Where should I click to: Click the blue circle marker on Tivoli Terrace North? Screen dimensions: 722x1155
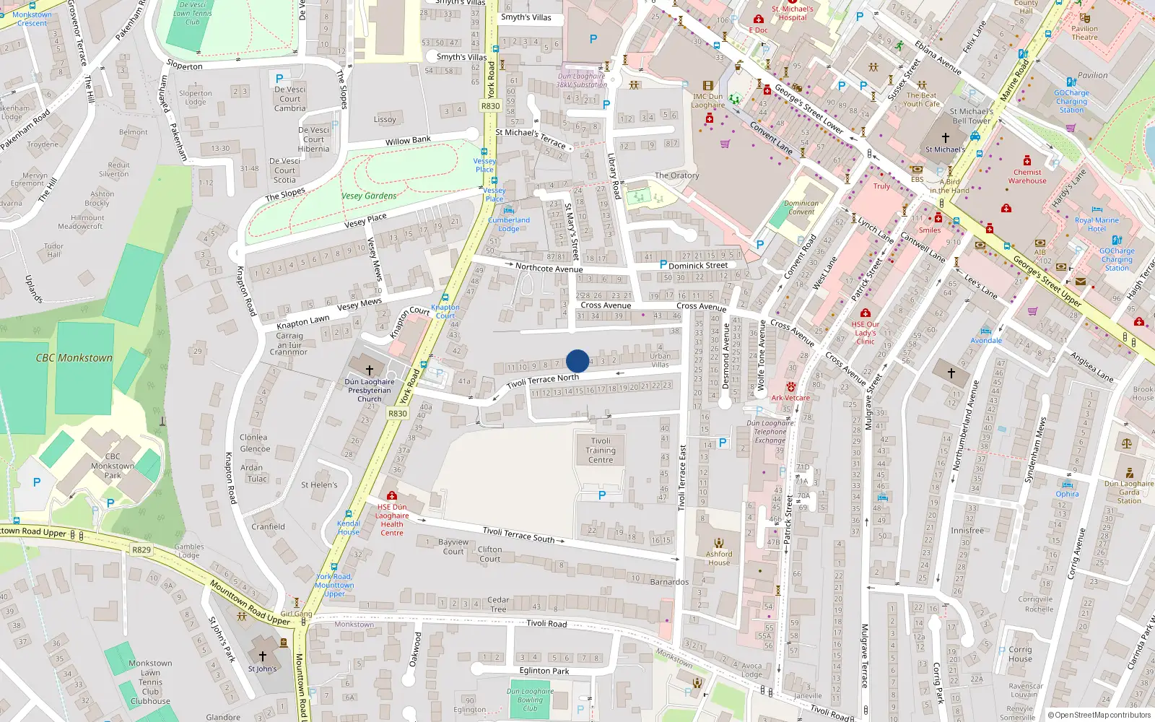(577, 361)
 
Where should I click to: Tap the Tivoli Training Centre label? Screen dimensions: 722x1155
(601, 451)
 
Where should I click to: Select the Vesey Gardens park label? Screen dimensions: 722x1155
(369, 196)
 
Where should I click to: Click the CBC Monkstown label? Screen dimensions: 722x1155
(74, 358)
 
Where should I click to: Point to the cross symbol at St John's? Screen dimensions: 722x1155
(263, 656)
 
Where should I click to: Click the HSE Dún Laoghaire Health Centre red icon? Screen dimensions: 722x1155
(392, 496)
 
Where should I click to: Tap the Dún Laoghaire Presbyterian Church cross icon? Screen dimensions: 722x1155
(370, 370)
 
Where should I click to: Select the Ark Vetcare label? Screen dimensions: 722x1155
(790, 398)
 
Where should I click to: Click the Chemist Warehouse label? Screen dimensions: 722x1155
(1027, 177)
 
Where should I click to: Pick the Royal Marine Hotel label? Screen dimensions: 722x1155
(1097, 225)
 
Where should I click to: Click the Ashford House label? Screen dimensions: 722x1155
(719, 558)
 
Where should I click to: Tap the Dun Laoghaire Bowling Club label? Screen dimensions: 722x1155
(530, 700)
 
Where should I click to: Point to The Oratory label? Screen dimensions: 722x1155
(676, 175)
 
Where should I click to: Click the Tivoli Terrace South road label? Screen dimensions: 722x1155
(518, 534)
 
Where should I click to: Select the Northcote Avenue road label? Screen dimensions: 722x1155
(549, 268)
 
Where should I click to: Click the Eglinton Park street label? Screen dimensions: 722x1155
(544, 671)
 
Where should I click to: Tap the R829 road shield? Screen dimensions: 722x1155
(141, 550)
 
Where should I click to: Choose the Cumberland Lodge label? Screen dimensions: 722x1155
(509, 225)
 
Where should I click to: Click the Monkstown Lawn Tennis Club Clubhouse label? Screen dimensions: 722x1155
(150, 682)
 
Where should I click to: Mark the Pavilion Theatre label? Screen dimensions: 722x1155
(1084, 33)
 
